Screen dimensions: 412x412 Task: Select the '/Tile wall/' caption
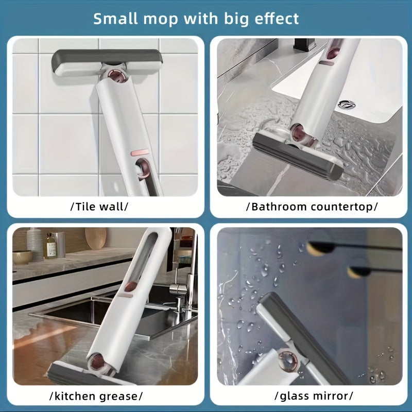(98, 207)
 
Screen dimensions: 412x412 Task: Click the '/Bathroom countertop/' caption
(312, 207)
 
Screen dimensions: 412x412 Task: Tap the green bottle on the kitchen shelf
(50, 246)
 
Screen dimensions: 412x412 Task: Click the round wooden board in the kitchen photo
(95, 239)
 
